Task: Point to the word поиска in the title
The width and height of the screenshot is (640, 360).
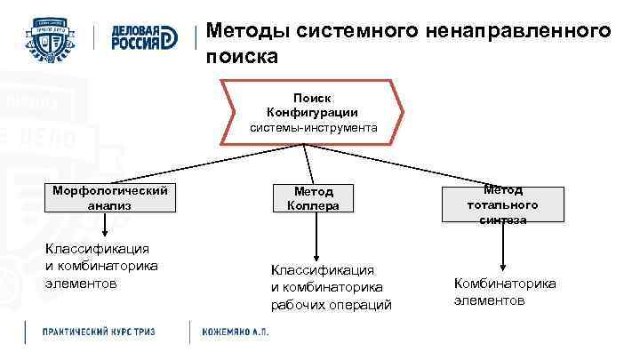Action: click(x=242, y=56)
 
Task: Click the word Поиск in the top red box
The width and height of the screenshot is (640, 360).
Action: click(x=312, y=98)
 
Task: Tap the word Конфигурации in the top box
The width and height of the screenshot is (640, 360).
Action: click(x=312, y=112)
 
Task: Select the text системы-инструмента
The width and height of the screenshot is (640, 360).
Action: click(x=312, y=128)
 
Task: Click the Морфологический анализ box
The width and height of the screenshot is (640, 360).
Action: click(x=109, y=197)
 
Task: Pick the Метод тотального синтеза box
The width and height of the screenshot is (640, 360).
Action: click(x=504, y=204)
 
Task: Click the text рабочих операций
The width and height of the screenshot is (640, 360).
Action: click(x=331, y=304)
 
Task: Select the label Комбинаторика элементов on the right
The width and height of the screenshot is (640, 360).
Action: click(x=504, y=292)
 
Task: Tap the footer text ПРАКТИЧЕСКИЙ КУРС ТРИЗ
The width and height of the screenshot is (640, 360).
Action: click(x=100, y=332)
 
